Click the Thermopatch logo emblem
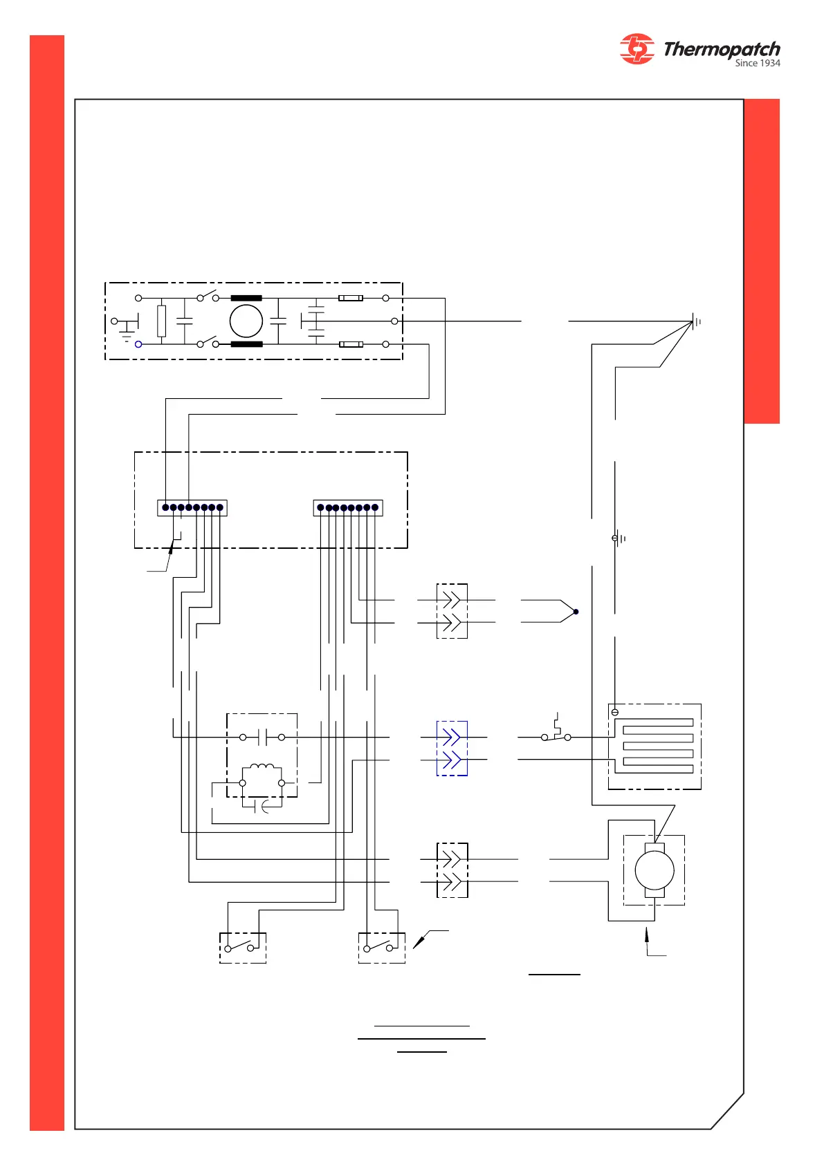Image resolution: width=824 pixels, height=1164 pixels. coord(637,49)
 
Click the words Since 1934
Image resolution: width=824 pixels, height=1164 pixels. coord(757,63)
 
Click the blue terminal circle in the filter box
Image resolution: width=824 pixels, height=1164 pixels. coord(138,344)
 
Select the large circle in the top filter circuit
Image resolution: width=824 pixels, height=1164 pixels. coord(246,321)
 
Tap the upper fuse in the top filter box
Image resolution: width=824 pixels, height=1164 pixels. coord(351,298)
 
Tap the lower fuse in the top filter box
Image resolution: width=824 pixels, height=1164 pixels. coord(351,344)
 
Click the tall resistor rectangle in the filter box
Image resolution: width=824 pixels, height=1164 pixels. coord(162,321)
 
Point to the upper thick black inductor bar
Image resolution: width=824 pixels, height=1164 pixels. coord(246,298)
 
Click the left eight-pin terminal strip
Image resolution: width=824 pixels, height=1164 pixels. coord(192,508)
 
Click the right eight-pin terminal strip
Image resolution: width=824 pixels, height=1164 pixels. coord(348,508)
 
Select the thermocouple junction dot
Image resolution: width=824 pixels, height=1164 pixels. coord(576,612)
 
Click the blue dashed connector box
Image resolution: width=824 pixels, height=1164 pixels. coord(452,749)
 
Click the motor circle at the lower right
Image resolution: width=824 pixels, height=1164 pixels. coord(654,870)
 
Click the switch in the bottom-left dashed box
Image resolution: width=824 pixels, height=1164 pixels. coord(239,947)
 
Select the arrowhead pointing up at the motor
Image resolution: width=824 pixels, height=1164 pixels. coord(647,934)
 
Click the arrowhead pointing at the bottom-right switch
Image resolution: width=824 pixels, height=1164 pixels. coord(417,944)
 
